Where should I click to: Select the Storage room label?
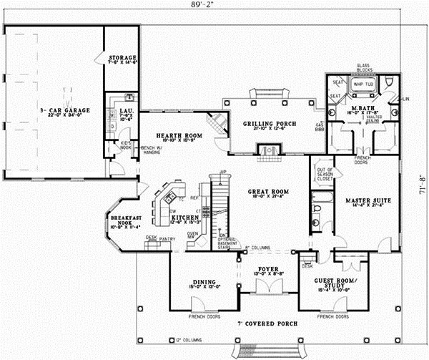click(123, 59)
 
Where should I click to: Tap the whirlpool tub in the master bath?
click(363, 84)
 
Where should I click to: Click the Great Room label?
click(267, 193)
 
